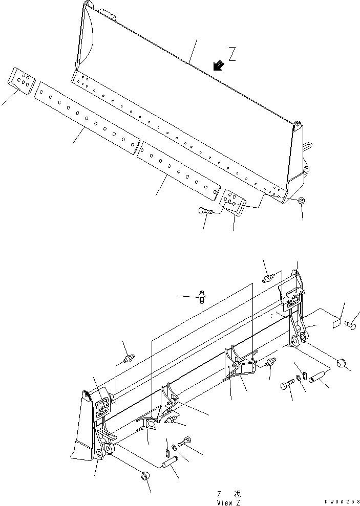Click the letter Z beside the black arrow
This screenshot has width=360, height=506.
[232, 55]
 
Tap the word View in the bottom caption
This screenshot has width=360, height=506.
[224, 502]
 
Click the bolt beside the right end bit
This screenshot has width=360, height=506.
[206, 210]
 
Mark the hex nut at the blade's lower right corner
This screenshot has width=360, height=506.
[302, 201]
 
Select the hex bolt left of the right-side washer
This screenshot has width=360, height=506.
[288, 382]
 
